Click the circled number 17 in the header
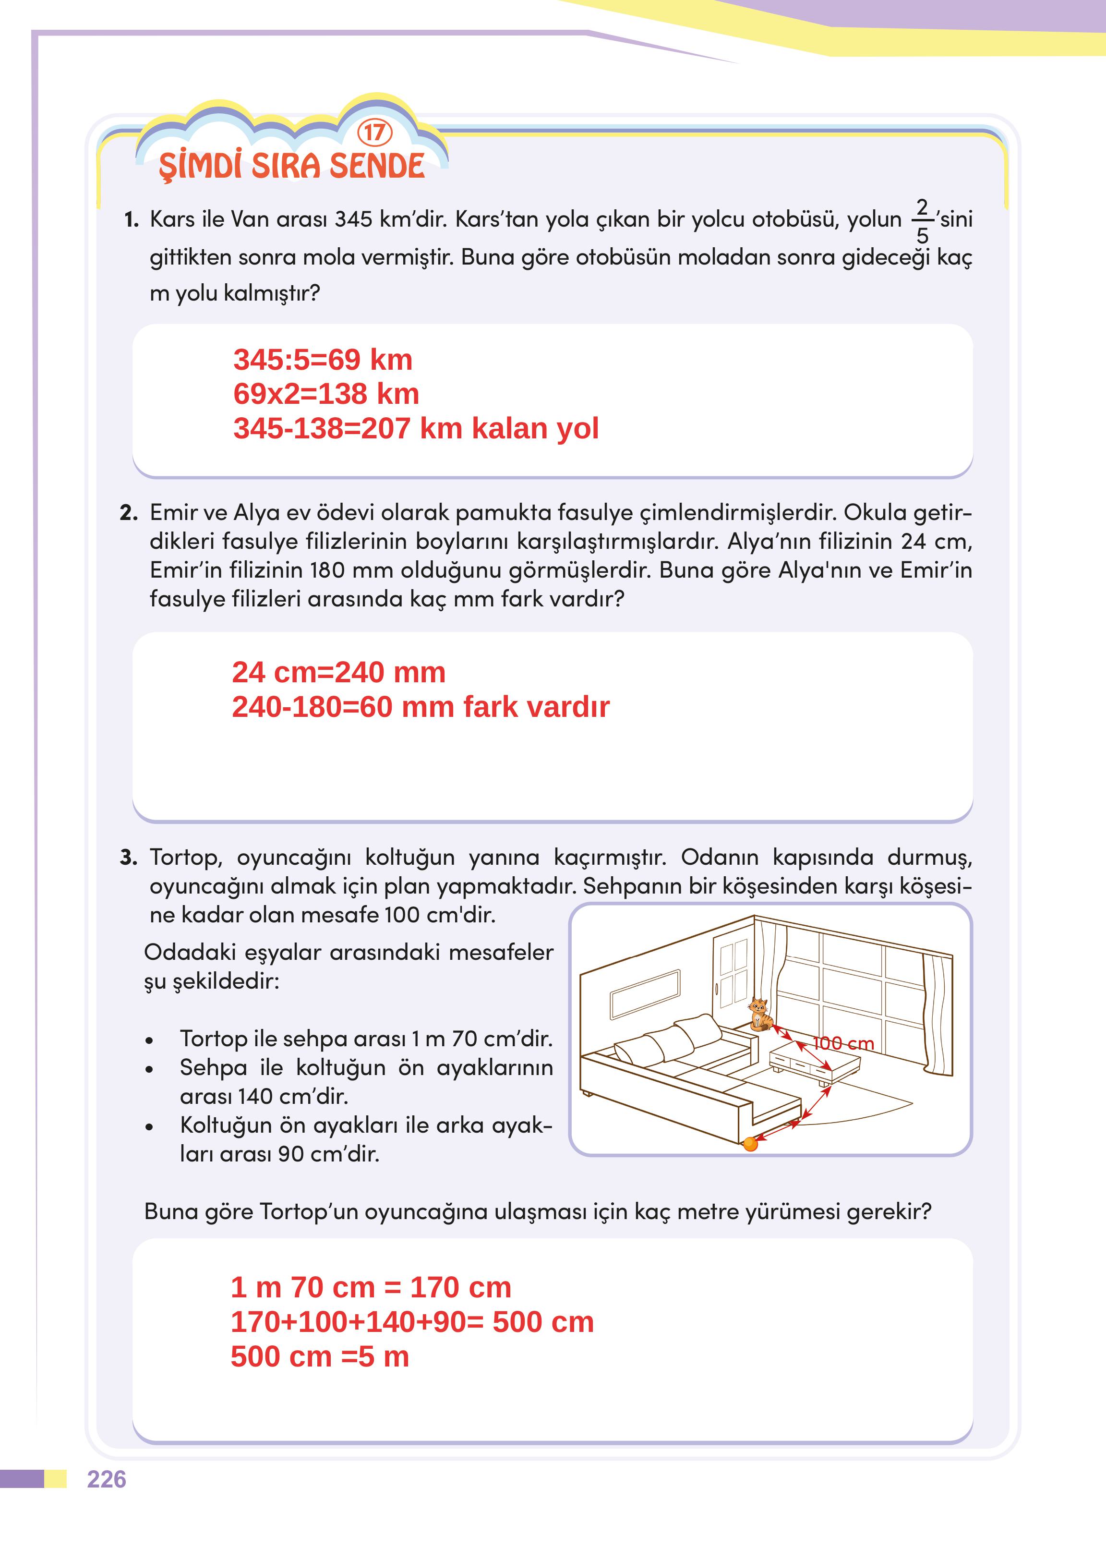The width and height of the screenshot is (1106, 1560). pos(374,132)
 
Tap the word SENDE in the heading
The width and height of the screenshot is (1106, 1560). pos(377,166)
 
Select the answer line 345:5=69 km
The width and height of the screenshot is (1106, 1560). pos(323,360)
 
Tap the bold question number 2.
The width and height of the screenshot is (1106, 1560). pos(129,513)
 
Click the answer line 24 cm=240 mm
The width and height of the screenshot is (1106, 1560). pos(338,672)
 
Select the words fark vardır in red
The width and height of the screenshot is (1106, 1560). pos(536,707)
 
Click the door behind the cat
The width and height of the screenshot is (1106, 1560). pos(732,971)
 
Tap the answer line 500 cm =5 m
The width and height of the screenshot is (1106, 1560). pos(319,1357)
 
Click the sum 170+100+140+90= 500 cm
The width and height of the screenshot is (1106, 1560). pos(412,1322)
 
